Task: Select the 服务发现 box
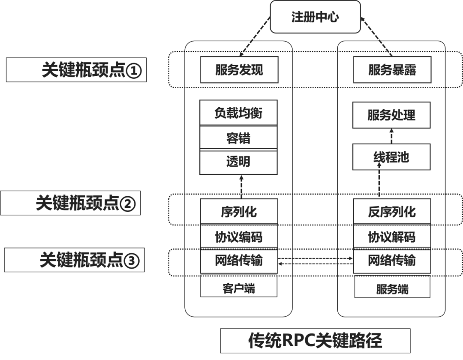(239, 70)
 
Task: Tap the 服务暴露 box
(391, 70)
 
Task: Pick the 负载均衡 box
(239, 113)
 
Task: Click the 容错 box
(239, 138)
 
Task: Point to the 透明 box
(239, 162)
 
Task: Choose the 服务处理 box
(391, 115)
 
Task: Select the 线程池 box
(391, 157)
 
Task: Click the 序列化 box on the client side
(239, 211)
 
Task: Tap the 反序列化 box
(391, 211)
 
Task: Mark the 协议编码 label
(239, 237)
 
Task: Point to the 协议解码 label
(391, 237)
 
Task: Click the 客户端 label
(239, 288)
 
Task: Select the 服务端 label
(391, 289)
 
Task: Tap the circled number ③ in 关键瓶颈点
(131, 261)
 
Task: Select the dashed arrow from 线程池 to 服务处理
(391, 136)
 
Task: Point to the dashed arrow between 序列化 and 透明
(241, 186)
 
